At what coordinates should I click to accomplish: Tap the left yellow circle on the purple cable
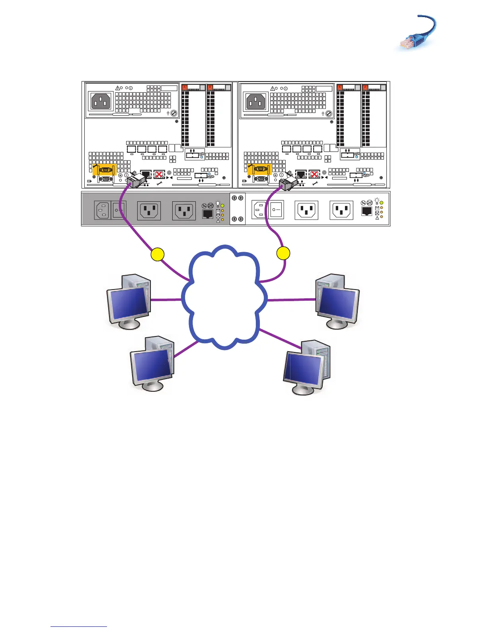[x=158, y=254]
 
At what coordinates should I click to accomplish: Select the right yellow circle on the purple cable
[x=283, y=253]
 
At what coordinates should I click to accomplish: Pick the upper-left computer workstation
[x=129, y=301]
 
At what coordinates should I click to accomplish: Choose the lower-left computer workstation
[x=152, y=364]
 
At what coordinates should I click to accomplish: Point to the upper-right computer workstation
[x=337, y=301]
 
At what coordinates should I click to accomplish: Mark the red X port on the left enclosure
[x=159, y=174]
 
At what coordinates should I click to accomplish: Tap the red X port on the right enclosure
[x=314, y=174]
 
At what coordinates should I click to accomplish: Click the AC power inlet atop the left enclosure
[x=101, y=101]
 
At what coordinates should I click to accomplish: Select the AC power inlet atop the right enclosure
[x=256, y=101]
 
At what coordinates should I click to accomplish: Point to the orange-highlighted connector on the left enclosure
[x=104, y=169]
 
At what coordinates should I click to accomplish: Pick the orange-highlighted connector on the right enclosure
[x=259, y=169]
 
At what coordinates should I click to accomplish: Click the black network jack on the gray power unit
[x=207, y=214]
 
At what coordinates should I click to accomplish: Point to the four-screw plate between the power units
[x=238, y=208]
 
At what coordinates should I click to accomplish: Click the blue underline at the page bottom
[x=79, y=627]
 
